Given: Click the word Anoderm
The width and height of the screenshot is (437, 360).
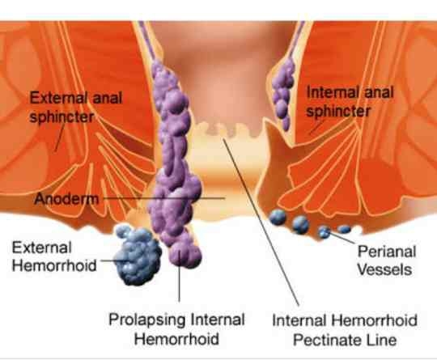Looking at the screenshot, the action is click(x=66, y=199).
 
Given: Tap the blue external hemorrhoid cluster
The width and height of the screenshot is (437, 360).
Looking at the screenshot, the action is click(x=138, y=256).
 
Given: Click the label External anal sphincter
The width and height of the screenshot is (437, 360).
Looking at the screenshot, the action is click(x=76, y=108).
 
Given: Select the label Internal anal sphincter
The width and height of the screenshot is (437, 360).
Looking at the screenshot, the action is click(x=350, y=101).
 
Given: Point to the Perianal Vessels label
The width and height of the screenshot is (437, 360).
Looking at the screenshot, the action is click(x=386, y=260).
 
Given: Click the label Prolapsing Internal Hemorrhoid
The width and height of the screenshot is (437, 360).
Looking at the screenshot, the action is click(x=176, y=329).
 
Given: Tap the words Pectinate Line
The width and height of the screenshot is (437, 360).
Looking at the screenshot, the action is click(x=345, y=340).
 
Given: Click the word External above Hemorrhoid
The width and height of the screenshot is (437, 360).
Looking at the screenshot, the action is click(x=42, y=248).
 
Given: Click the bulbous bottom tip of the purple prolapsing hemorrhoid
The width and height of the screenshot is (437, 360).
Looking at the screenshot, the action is click(x=185, y=255).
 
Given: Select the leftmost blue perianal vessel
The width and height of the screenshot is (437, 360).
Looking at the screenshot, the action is click(x=278, y=217).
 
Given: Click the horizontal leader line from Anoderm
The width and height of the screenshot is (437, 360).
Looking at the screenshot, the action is click(x=163, y=198).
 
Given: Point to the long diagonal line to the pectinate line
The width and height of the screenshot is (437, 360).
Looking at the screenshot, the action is click(x=261, y=222).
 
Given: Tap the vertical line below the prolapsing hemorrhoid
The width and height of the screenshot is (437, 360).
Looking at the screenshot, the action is click(x=179, y=276).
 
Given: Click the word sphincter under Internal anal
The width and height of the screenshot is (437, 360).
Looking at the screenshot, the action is click(x=338, y=111).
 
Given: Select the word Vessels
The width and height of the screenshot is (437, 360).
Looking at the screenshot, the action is click(x=384, y=269).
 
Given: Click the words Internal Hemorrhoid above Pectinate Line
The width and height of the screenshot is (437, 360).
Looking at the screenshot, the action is click(x=345, y=320).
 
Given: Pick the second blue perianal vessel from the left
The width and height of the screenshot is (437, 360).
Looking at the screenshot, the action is click(x=300, y=224).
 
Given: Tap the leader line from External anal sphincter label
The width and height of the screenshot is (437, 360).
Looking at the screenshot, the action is click(x=60, y=137).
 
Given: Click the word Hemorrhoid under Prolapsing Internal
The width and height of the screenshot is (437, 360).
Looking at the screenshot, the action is click(x=176, y=339).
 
